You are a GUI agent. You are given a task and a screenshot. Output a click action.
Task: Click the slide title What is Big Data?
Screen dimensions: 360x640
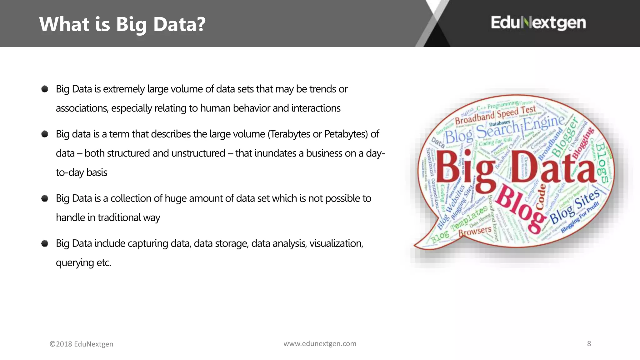tap(122, 24)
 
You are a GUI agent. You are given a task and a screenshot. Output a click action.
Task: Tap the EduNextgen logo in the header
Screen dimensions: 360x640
tap(538, 23)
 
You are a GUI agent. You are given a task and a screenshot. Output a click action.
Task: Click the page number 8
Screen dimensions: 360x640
tap(589, 343)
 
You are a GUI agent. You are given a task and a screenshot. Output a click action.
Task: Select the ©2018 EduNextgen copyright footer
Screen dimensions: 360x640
tap(81, 344)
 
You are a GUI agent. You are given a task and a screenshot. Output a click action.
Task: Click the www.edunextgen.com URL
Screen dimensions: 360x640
tap(320, 343)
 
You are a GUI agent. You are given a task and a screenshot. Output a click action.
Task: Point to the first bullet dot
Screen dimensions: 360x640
tap(45, 89)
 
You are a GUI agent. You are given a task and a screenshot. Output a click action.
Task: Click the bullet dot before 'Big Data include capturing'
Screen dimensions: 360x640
tap(45, 243)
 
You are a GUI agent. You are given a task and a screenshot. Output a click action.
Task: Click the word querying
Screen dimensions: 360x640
tap(75, 262)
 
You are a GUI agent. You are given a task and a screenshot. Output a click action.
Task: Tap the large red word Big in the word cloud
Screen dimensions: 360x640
tap(466, 169)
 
